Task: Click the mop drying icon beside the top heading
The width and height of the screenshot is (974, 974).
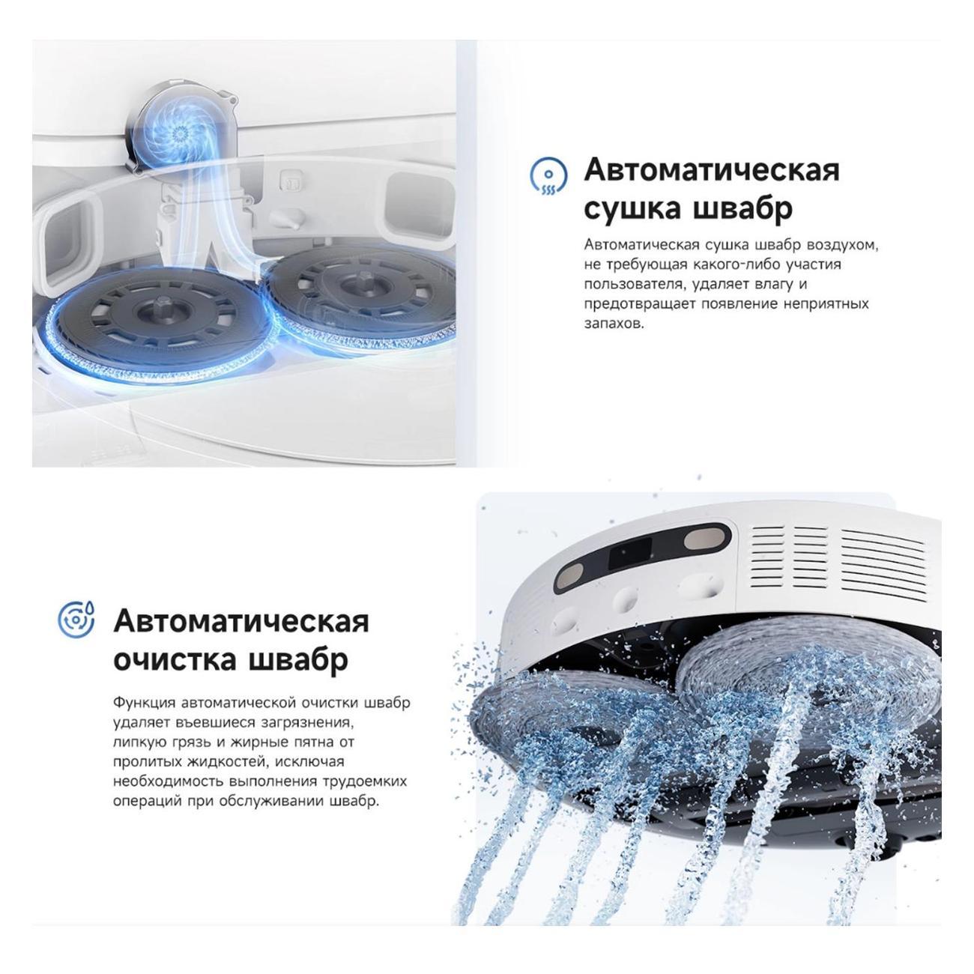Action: (548, 176)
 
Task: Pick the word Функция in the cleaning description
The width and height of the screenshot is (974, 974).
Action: (144, 703)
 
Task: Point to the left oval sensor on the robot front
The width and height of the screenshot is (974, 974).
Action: (571, 574)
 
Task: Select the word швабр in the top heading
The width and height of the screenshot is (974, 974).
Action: (742, 208)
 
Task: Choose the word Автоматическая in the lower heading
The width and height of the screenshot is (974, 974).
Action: (241, 620)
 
